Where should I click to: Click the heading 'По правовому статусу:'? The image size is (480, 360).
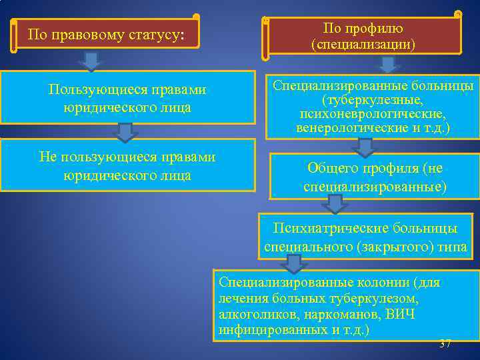tap(105, 34)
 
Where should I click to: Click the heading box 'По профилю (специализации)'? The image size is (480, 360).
tap(363, 36)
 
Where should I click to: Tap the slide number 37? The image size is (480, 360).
tap(445, 344)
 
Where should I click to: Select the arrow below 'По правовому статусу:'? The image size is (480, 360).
tap(91, 61)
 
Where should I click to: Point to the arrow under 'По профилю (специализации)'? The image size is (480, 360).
tap(387, 65)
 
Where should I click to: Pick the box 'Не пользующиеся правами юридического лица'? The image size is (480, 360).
tap(127, 165)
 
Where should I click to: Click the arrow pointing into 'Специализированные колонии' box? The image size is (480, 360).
tap(294, 265)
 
